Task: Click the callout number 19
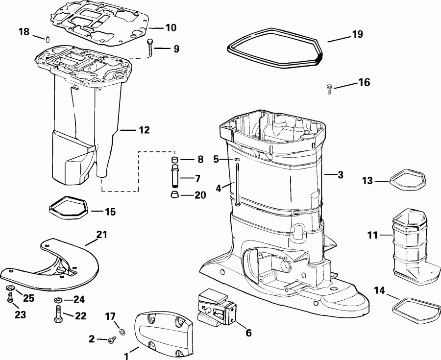pyautogui.click(x=357, y=34)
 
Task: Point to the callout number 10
pyautogui.click(x=170, y=27)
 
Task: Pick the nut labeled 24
pyautogui.click(x=57, y=299)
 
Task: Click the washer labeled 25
pyautogui.click(x=9, y=288)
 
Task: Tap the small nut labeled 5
pyautogui.click(x=236, y=159)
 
